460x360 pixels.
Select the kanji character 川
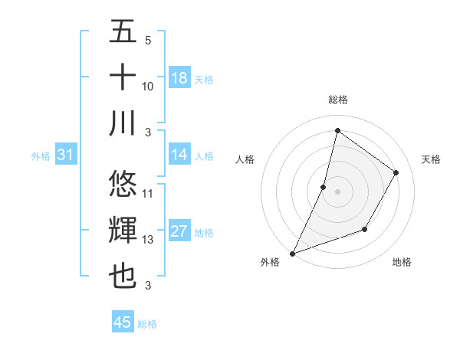coord(123,123)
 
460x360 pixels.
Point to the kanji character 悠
coord(123,184)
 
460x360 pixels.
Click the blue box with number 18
coord(179,78)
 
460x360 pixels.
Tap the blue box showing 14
coord(179,155)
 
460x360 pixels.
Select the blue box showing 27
coord(179,232)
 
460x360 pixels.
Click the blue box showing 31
coord(66,155)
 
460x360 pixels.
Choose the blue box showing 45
coord(123,322)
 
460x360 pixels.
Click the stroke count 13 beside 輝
coord(148,240)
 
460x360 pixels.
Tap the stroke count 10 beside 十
coord(148,86)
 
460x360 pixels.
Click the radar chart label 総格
coord(337,100)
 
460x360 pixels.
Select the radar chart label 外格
coord(270,262)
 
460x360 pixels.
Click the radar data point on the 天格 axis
coord(396,172)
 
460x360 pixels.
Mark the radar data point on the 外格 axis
coord(292,253)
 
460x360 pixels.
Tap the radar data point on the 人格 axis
coord(324,187)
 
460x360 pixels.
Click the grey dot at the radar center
coord(337,191)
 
